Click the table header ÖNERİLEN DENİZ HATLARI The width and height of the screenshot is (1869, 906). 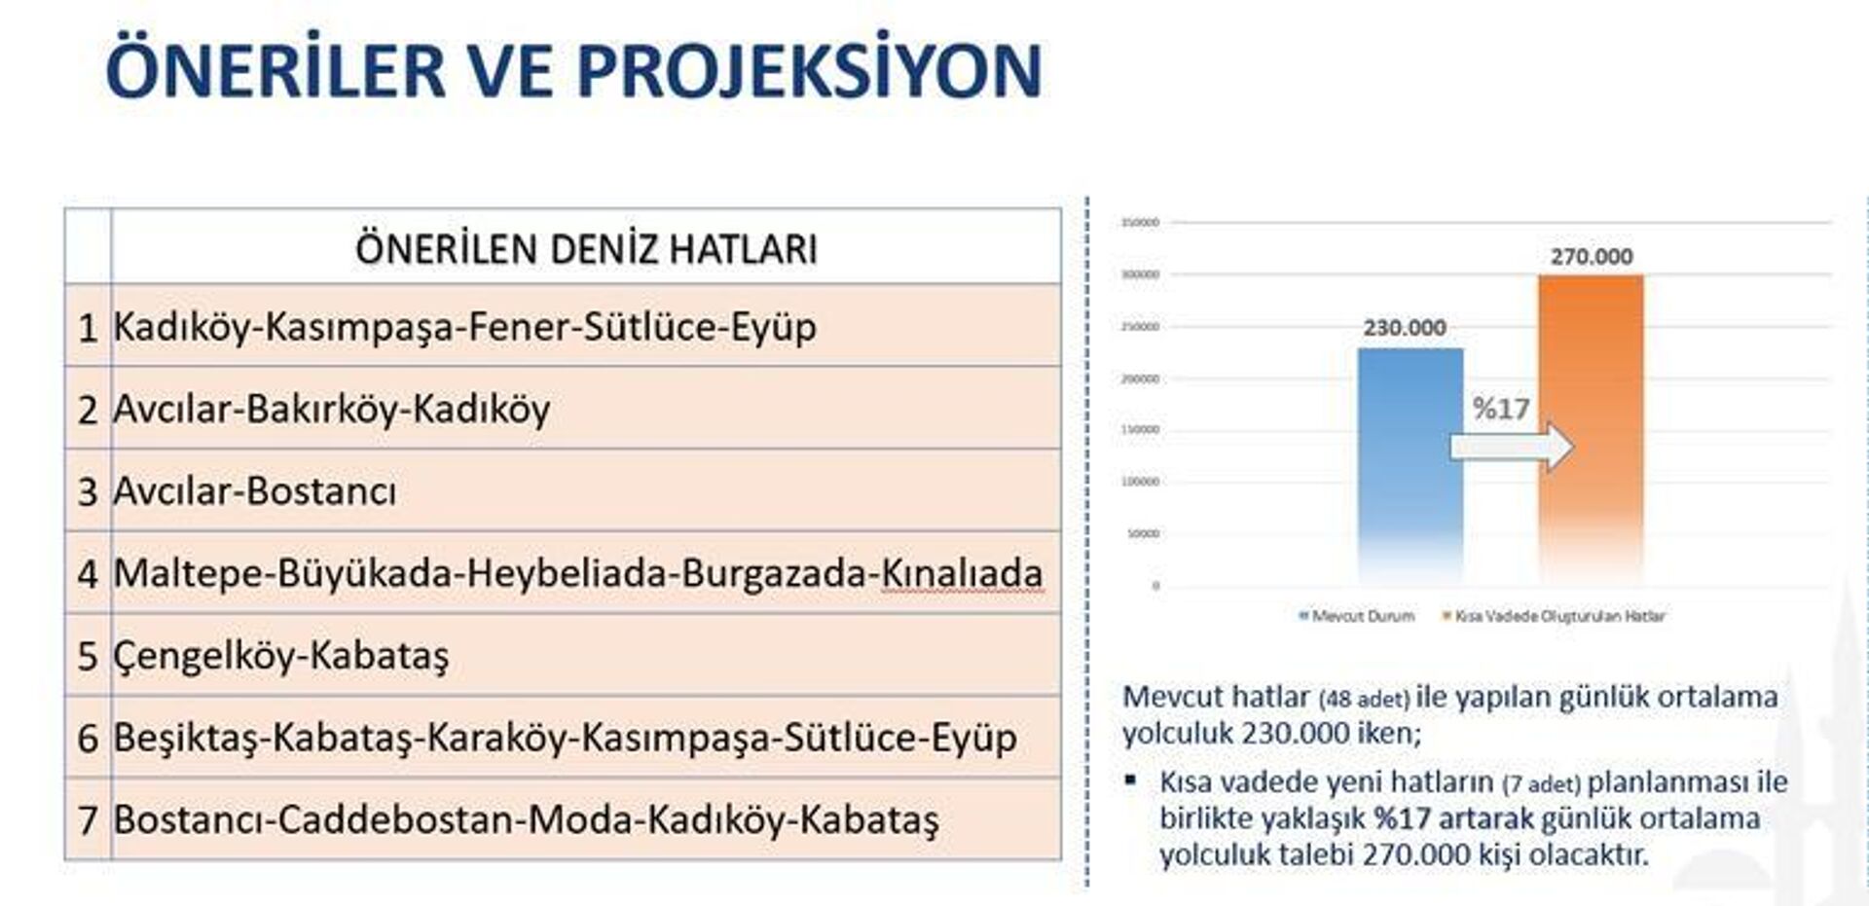click(586, 249)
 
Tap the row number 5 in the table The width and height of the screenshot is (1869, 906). click(88, 657)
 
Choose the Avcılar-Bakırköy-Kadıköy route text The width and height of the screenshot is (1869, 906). click(332, 410)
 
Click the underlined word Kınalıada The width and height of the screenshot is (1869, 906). click(962, 574)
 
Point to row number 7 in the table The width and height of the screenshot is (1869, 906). click(88, 820)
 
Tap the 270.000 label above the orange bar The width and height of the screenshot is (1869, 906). click(1592, 257)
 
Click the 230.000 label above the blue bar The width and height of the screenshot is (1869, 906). click(1405, 328)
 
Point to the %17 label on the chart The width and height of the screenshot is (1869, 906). click(1501, 409)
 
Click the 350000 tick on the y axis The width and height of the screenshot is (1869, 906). click(1140, 223)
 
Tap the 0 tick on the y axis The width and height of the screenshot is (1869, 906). click(1155, 586)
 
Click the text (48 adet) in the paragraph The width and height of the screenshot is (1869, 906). click(1364, 699)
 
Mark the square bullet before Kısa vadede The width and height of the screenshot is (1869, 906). click(1130, 779)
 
